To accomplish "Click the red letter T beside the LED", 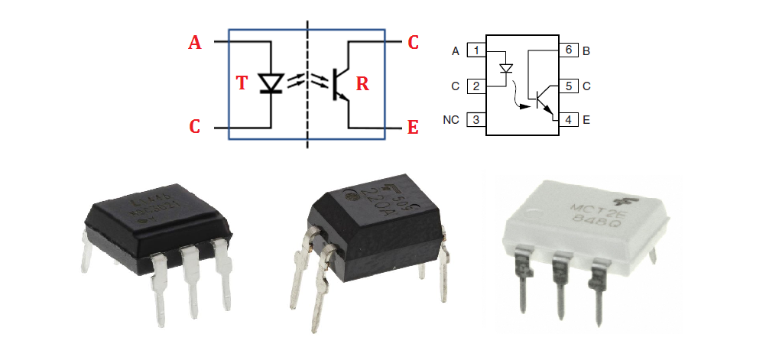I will point(242,83).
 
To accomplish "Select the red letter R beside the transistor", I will point(362,83).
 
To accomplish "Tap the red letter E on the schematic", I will point(413,128).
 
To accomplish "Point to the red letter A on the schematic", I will point(195,43).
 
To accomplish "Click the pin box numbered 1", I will point(477,51).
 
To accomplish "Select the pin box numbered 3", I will point(477,120).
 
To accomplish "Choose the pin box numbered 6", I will point(568,51).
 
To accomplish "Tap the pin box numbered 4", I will point(568,120).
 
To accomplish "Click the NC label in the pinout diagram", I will point(451,121).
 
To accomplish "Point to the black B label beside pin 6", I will point(587,51).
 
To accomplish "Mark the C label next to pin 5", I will point(587,86).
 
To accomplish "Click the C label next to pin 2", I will point(455,86).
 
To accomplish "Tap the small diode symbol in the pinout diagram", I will point(505,69).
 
